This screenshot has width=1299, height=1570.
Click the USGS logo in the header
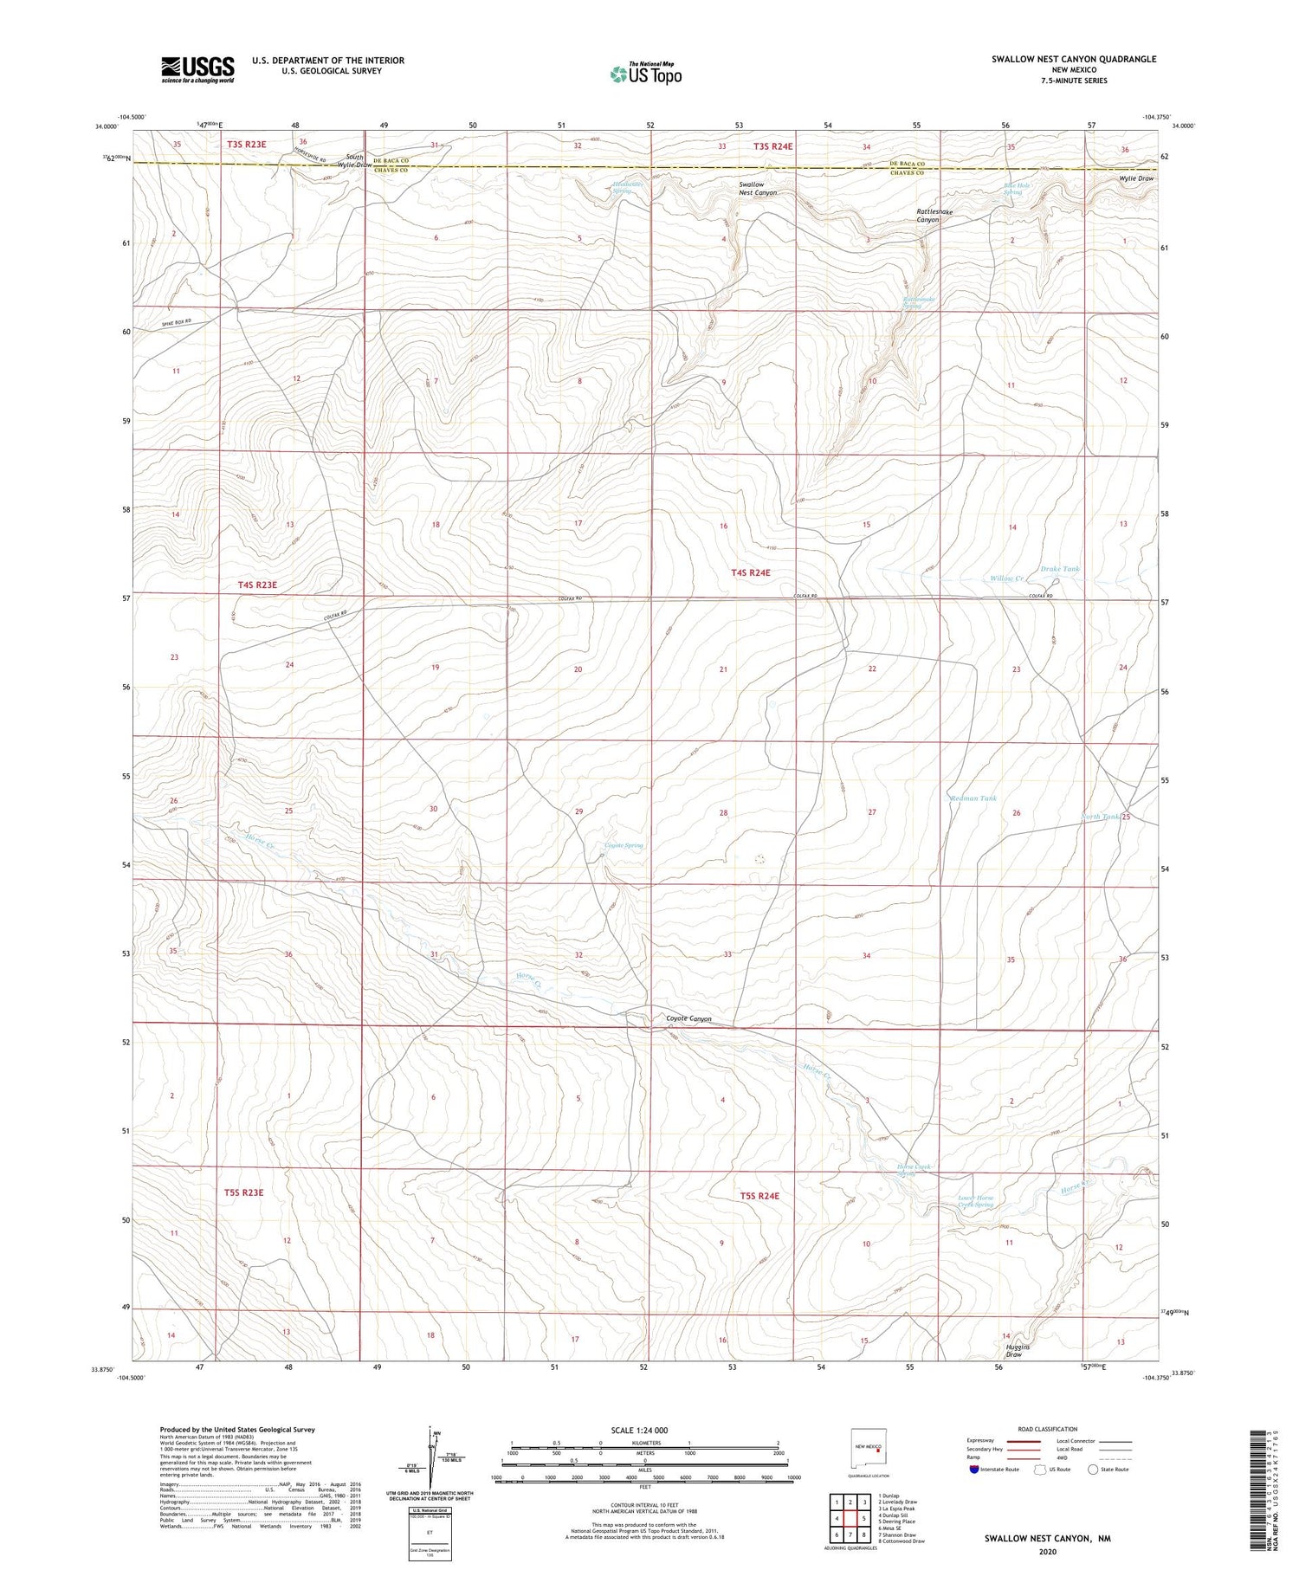[x=197, y=69]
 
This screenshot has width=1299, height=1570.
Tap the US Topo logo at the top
[x=645, y=74]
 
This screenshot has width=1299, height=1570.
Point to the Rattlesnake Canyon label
[x=927, y=216]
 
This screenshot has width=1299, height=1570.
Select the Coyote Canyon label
[x=688, y=1018]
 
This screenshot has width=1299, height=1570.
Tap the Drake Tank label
[x=1060, y=569]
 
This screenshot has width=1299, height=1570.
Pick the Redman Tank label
[x=973, y=798]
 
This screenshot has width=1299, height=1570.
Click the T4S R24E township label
[x=750, y=572]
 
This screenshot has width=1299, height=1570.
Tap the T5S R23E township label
[x=243, y=1192]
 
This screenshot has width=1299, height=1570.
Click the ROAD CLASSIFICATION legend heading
[x=1048, y=1429]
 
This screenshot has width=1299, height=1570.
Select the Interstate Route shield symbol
[x=974, y=1470]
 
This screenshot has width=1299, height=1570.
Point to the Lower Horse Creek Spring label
[x=975, y=1201]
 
